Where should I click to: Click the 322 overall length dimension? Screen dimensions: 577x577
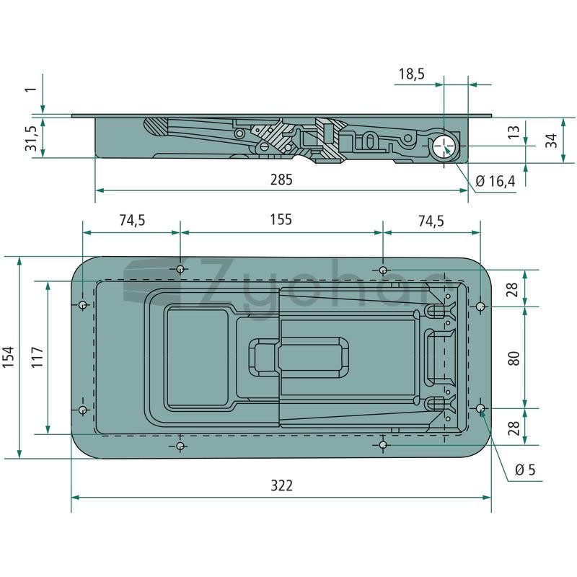(x=281, y=485)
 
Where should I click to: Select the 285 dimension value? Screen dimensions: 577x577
(x=281, y=180)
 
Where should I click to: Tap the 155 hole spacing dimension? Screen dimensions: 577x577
(x=281, y=219)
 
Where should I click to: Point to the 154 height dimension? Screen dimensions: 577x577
(x=9, y=356)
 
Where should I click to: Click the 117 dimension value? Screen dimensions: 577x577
(x=38, y=356)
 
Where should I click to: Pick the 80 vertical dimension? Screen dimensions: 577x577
(x=514, y=358)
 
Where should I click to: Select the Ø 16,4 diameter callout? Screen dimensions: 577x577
(x=495, y=181)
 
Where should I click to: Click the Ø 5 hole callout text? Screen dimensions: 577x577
(x=525, y=470)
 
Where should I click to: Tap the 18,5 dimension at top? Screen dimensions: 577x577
(x=412, y=74)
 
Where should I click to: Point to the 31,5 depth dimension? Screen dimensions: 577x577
(x=31, y=138)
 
